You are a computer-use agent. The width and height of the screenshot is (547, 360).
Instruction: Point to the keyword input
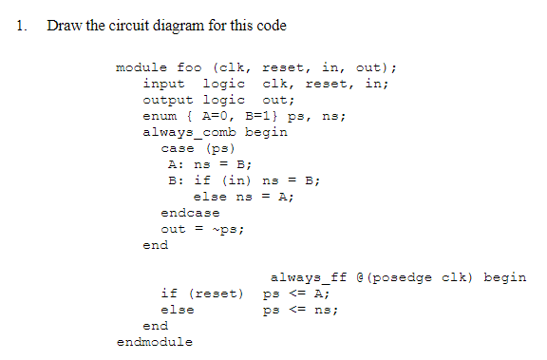164,84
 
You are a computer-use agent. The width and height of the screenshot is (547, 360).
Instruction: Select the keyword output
168,100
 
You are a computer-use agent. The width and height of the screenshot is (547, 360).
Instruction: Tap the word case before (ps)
178,148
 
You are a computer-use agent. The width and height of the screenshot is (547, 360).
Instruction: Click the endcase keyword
190,213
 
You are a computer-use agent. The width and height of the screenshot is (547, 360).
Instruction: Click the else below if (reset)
178,310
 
